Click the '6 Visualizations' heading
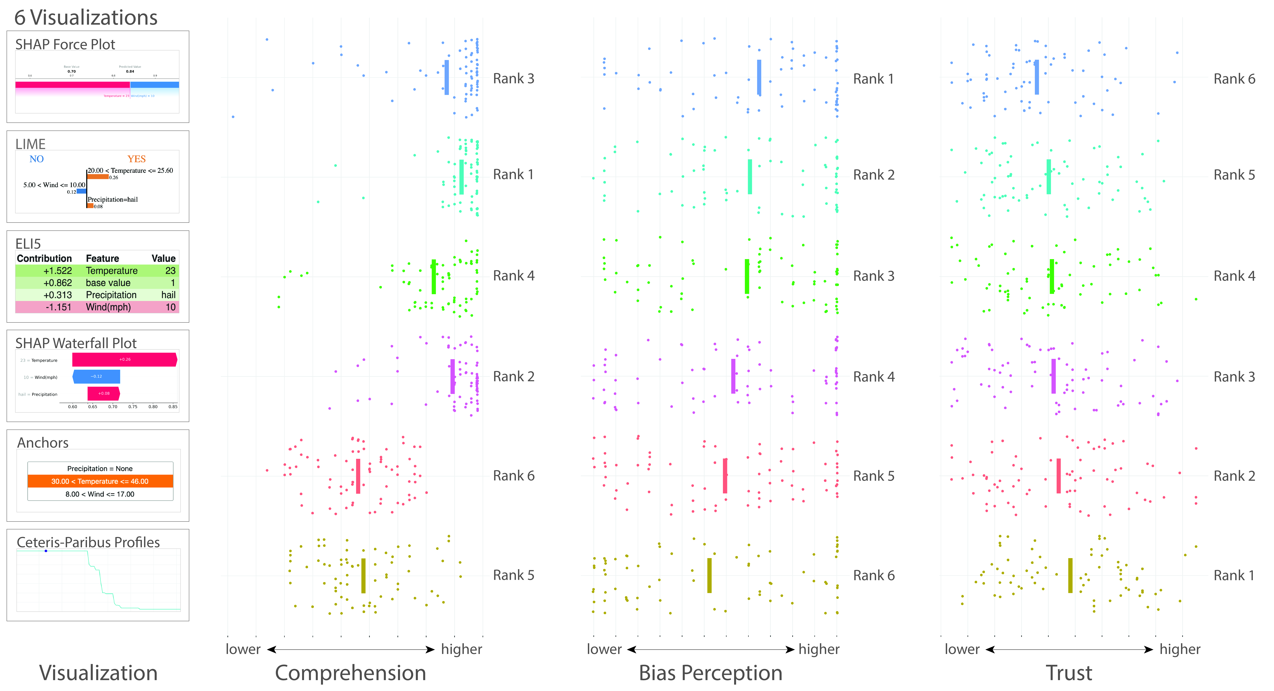tap(86, 18)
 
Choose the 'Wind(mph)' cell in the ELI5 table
tap(108, 307)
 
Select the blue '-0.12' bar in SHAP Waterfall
tap(97, 377)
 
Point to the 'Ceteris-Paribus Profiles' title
tap(88, 542)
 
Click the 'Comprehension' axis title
tap(350, 673)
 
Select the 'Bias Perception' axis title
tap(710, 673)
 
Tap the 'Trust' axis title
tap(1069, 673)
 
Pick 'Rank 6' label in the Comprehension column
tap(513, 476)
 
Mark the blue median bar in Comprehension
tap(447, 78)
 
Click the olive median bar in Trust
tap(1070, 575)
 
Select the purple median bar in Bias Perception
tap(733, 376)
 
